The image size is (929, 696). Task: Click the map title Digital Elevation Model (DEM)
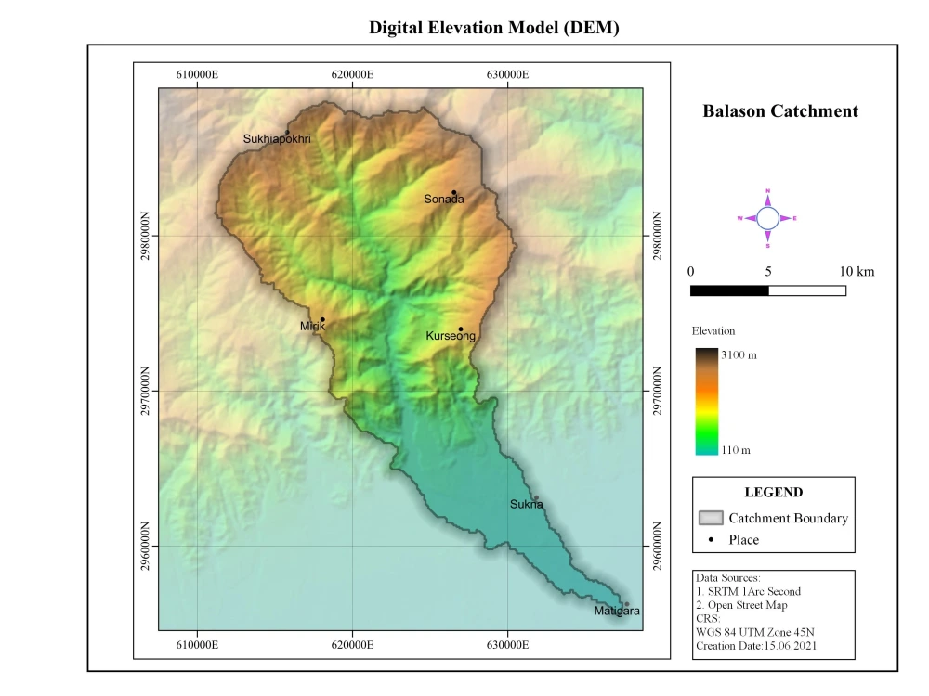pyautogui.click(x=493, y=28)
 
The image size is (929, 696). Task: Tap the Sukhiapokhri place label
pyautogui.click(x=277, y=139)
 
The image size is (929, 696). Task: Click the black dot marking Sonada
pyautogui.click(x=454, y=192)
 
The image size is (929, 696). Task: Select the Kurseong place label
pyautogui.click(x=451, y=336)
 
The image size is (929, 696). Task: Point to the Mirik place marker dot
pyautogui.click(x=322, y=319)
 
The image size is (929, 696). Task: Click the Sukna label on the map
pyautogui.click(x=526, y=505)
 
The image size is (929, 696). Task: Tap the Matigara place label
pyautogui.click(x=617, y=612)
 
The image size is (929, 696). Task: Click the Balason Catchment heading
pyautogui.click(x=780, y=111)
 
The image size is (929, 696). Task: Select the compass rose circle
pyautogui.click(x=767, y=218)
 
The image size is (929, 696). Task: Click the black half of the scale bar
pyautogui.click(x=729, y=290)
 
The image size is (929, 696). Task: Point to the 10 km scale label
pyautogui.click(x=856, y=272)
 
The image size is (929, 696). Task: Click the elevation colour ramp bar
pyautogui.click(x=706, y=401)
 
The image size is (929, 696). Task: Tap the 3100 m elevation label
pyautogui.click(x=739, y=355)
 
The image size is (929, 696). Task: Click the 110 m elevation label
pyautogui.click(x=737, y=450)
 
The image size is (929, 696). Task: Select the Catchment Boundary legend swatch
pyautogui.click(x=711, y=518)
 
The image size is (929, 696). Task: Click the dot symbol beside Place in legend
pyautogui.click(x=711, y=539)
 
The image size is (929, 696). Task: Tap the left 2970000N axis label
pyautogui.click(x=146, y=392)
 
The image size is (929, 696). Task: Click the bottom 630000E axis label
pyautogui.click(x=507, y=643)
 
